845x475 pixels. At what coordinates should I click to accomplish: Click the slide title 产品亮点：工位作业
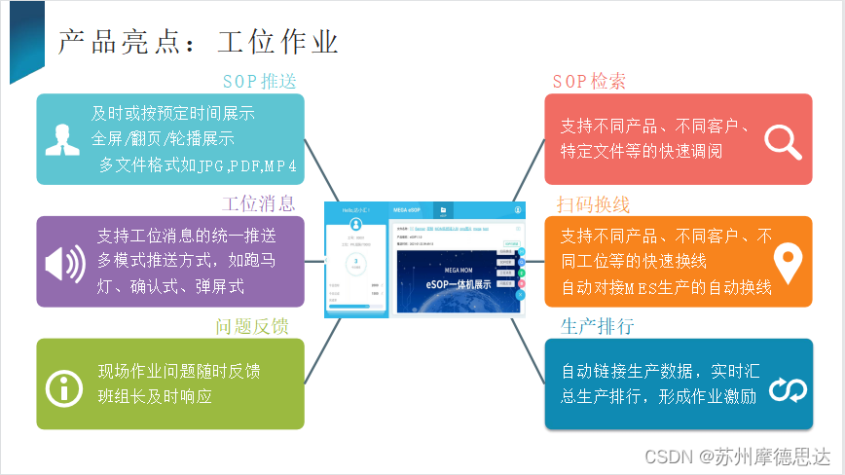coord(198,42)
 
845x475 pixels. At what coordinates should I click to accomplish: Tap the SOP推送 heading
coord(259,81)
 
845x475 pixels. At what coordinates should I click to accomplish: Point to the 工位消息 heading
coord(258,203)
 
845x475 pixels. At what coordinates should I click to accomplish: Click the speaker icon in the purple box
coord(66,262)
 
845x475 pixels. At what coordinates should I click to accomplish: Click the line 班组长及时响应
coord(155,397)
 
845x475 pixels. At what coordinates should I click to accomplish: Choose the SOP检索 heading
coord(589,82)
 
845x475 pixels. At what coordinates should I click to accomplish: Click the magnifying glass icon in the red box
coord(782,140)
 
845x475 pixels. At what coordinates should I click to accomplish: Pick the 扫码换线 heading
coord(593,204)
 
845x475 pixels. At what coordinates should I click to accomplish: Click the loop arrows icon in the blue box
coord(787,390)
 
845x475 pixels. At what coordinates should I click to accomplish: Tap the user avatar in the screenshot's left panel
coord(355,225)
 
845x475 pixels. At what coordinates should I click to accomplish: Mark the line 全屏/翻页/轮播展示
coord(163,138)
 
